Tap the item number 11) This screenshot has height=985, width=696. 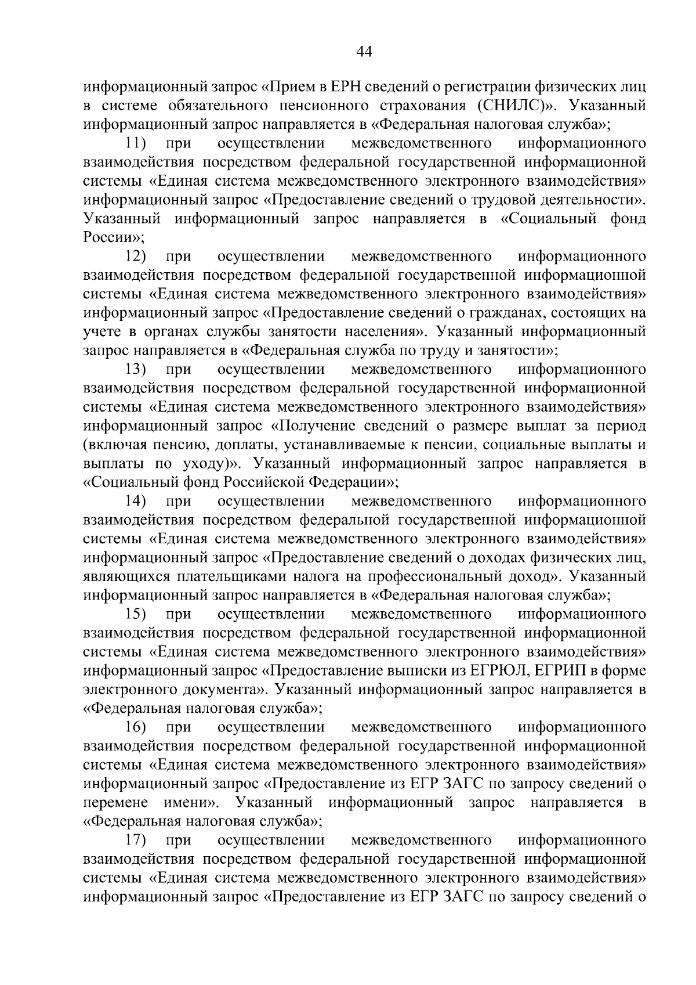click(136, 143)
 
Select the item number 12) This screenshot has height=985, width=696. click(136, 256)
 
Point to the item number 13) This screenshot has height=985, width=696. click(136, 369)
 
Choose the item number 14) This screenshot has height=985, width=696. click(136, 501)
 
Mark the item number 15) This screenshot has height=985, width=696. click(136, 614)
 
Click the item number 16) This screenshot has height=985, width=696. click(136, 727)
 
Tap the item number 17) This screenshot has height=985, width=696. click(136, 840)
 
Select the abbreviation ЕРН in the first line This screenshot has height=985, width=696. click(347, 87)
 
